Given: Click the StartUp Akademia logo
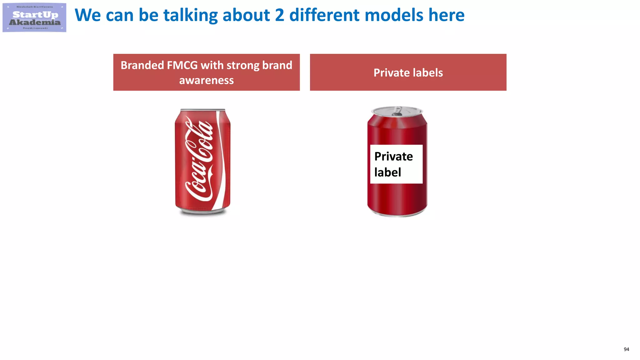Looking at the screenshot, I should (x=34, y=17).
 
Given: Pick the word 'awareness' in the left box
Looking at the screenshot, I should (x=206, y=80).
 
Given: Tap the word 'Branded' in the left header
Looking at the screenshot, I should (x=142, y=65).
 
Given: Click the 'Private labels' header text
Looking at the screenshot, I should (x=408, y=73).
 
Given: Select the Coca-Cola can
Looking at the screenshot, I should (x=202, y=162).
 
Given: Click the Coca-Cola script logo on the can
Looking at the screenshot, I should (x=200, y=159).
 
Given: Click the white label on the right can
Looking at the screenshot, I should (x=396, y=164).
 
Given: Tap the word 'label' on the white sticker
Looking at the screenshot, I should (x=387, y=172).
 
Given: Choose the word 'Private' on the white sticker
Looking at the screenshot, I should (x=393, y=156).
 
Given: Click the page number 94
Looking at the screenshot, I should (x=626, y=349).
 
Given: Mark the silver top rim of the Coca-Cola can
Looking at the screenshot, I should (x=203, y=110).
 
